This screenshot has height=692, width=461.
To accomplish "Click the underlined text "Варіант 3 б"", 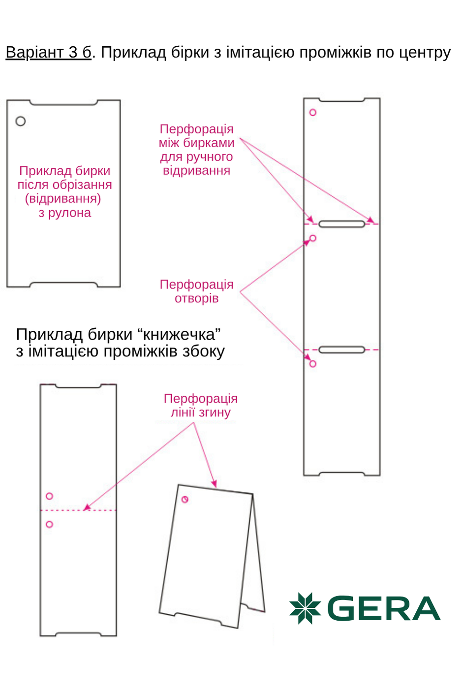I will coord(48,52).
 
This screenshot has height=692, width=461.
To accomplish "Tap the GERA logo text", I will coord(383,609).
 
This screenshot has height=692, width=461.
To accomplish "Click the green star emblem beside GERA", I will coord(305,608).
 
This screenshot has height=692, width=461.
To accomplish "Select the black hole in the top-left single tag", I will coord(20,121).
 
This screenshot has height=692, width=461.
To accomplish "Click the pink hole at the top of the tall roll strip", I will coord(313,113).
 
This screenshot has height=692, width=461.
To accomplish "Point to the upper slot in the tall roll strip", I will coord(342,224).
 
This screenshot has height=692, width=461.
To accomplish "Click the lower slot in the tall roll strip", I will coord(342,350).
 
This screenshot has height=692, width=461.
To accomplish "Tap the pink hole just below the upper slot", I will coord(313,238).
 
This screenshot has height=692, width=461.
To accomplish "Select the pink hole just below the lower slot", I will coord(313,364).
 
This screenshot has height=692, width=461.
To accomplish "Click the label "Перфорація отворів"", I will coord(196,291).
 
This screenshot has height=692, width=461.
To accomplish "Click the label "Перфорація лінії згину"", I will coord(200,406).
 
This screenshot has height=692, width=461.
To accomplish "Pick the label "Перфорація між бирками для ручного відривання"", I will coord(196,150).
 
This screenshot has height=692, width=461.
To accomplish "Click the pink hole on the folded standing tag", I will coord(185,500).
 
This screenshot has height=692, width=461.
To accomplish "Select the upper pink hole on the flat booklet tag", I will coord(49,496).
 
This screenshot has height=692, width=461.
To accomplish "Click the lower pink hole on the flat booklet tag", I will coord(49,525).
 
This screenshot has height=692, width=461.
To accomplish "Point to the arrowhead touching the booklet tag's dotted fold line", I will coord(87,507).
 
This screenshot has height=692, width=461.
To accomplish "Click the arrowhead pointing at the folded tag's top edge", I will coord(214,484).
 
